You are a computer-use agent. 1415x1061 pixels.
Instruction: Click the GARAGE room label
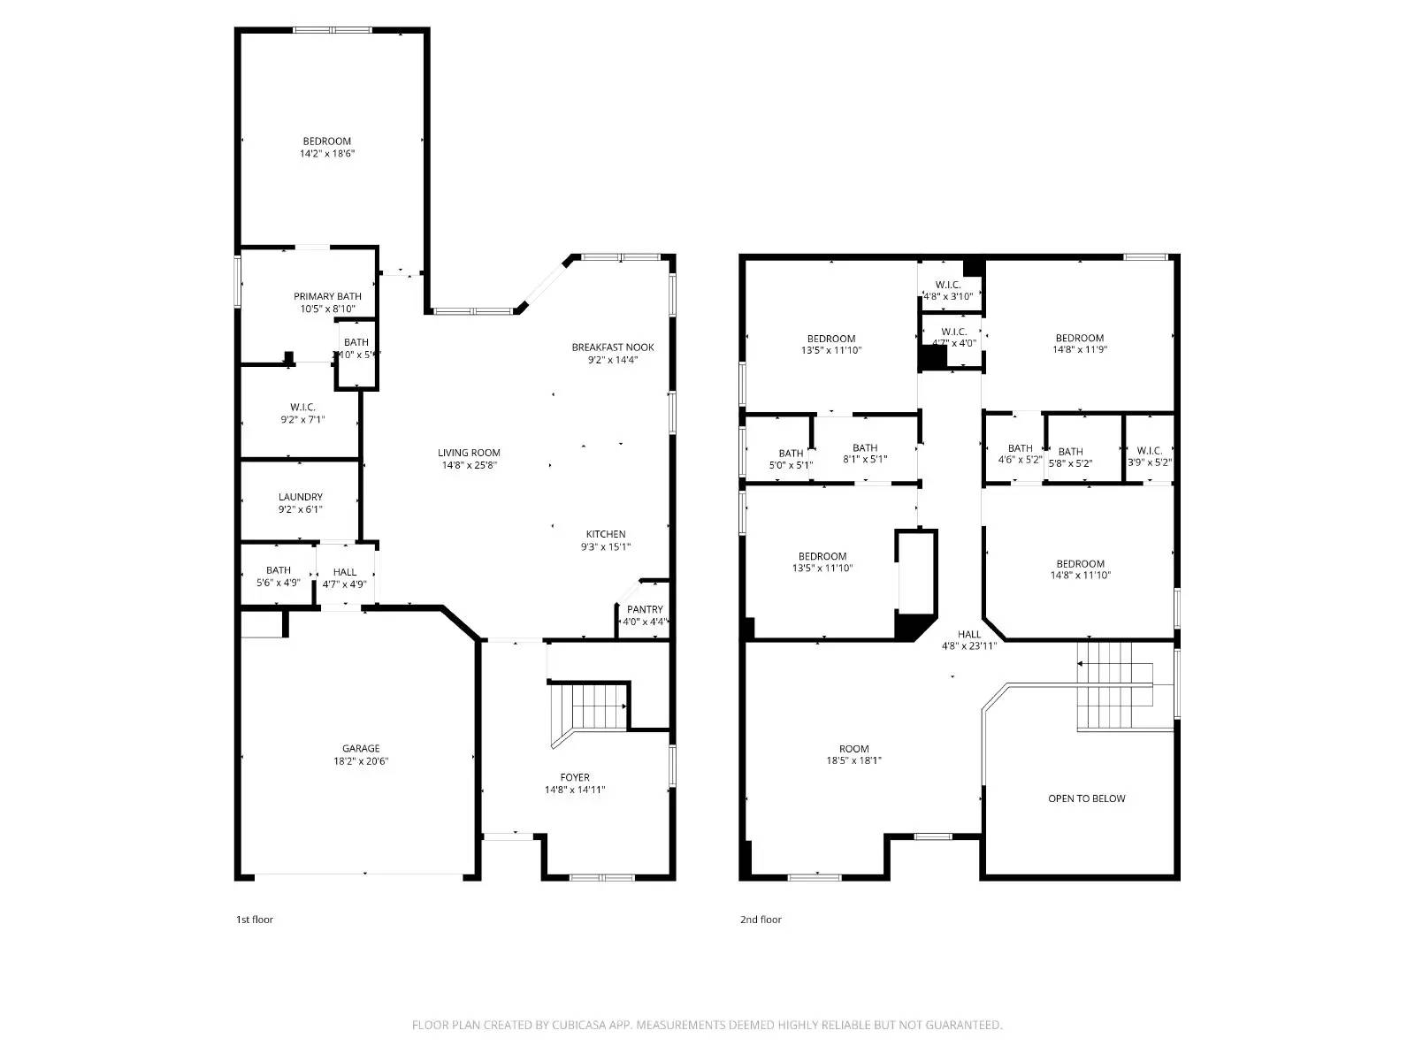coord(361,748)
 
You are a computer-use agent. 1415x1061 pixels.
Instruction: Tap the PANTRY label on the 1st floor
coord(645,609)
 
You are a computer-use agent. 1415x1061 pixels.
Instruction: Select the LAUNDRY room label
coord(300,497)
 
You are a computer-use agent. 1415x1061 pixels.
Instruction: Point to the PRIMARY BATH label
coord(327,296)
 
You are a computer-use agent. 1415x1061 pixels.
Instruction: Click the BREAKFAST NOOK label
coord(613,347)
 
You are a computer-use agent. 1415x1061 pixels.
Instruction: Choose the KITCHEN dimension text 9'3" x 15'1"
coord(606,546)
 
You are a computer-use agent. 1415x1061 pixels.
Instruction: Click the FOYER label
coord(575,777)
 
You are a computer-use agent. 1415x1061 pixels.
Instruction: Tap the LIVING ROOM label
coord(469,453)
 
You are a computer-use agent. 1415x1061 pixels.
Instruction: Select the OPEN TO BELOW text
coord(1086,798)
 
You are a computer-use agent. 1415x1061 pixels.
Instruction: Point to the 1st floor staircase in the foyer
coord(591,706)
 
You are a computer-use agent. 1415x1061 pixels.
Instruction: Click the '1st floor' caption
coord(255,920)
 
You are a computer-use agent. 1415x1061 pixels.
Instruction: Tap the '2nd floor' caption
coord(761,920)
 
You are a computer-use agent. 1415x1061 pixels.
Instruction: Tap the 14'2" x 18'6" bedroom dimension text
coord(327,154)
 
